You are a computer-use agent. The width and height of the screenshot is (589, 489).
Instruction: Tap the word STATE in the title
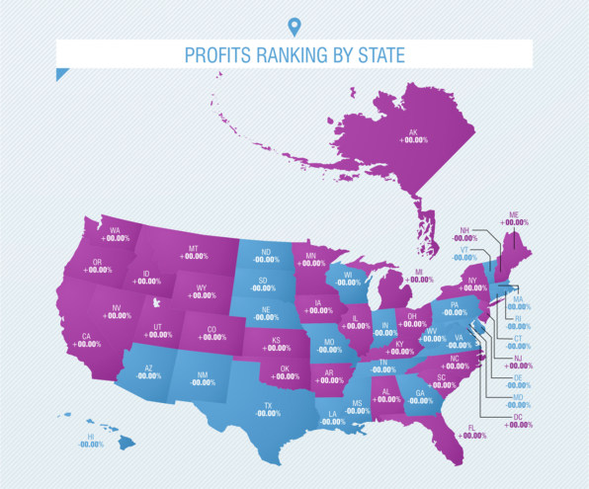[x=377, y=54]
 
